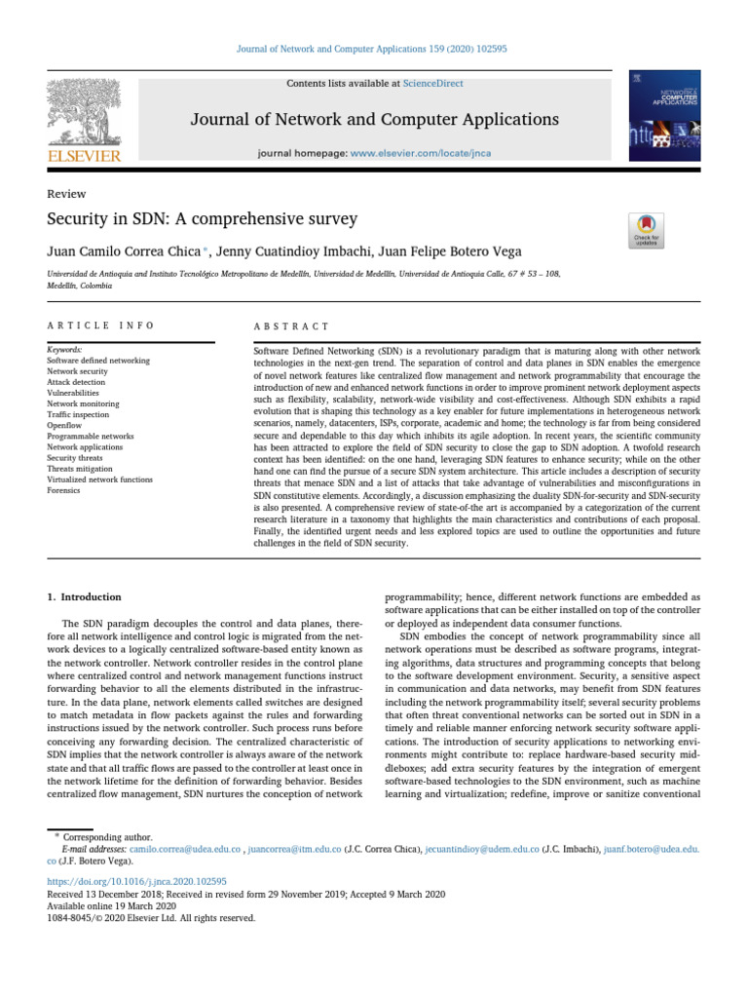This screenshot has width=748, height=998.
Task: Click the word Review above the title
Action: (67, 194)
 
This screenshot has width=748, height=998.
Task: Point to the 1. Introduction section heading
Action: (85, 596)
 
